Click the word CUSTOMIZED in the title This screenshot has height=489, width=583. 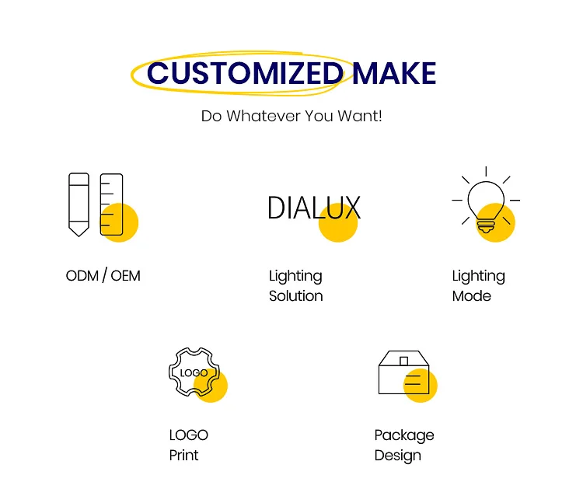point(245,74)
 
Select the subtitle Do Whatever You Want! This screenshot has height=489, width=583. point(291,117)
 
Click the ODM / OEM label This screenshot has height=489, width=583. point(103,275)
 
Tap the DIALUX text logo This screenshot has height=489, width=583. point(314,208)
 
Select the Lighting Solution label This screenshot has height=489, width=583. point(295,285)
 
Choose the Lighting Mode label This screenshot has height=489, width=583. point(478,285)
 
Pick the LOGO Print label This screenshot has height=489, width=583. point(189,445)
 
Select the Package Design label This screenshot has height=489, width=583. point(404,445)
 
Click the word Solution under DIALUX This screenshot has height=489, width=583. point(296,296)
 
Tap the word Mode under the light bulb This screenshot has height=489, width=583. point(472,296)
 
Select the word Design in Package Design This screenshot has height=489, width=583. point(398,456)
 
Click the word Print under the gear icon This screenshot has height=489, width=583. point(184,456)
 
